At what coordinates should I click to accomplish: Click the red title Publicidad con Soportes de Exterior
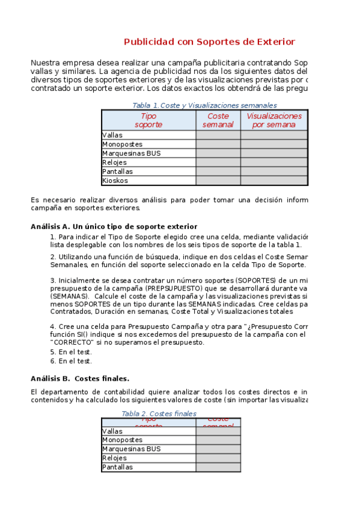coord(209,41)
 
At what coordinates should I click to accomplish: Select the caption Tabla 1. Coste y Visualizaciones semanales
coord(204,105)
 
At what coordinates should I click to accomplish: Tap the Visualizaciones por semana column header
coord(274,120)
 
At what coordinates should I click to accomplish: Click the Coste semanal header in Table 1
coord(218,120)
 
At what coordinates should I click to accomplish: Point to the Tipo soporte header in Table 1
coord(148,120)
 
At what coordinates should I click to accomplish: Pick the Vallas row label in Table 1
coord(112,135)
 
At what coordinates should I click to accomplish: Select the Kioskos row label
coord(115,180)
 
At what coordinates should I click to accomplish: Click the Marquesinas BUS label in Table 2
coord(132,449)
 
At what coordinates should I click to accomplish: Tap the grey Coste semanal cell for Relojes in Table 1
coord(218,162)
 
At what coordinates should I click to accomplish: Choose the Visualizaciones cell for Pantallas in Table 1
coord(274,171)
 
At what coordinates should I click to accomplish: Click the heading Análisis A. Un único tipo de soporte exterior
coord(114,227)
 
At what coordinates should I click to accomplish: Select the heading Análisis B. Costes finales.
coord(80,378)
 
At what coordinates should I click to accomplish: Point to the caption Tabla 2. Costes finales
coord(159,414)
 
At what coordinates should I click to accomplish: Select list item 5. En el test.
coord(71,352)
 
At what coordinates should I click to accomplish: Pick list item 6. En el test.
coord(71,361)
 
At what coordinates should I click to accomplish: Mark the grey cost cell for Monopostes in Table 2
coord(218,440)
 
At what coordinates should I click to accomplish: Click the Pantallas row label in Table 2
coord(118,467)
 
